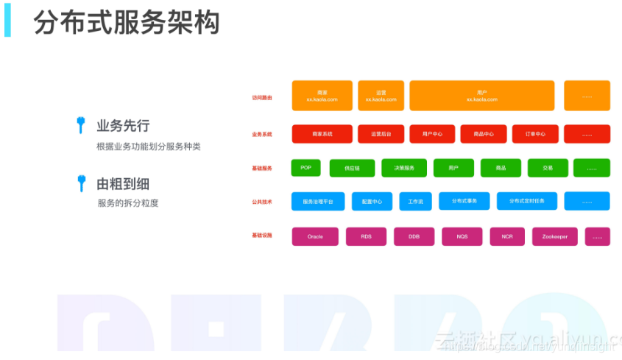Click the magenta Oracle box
coord(315,236)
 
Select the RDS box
coord(367,236)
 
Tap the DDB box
coord(414,236)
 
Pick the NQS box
coord(462,236)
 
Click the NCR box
coord(507,236)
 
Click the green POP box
coord(305,168)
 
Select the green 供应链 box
coord(352,169)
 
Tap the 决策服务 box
coord(404,168)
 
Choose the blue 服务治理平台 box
coord(318,201)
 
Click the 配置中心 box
coord(372,201)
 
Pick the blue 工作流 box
coord(416,201)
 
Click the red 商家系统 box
coord(322,134)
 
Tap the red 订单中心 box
coord(535,134)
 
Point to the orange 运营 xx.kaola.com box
coord(381,96)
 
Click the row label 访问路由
coord(262,97)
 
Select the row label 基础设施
coord(262,236)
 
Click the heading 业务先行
coord(123,125)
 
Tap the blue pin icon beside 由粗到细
coord(81,183)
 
